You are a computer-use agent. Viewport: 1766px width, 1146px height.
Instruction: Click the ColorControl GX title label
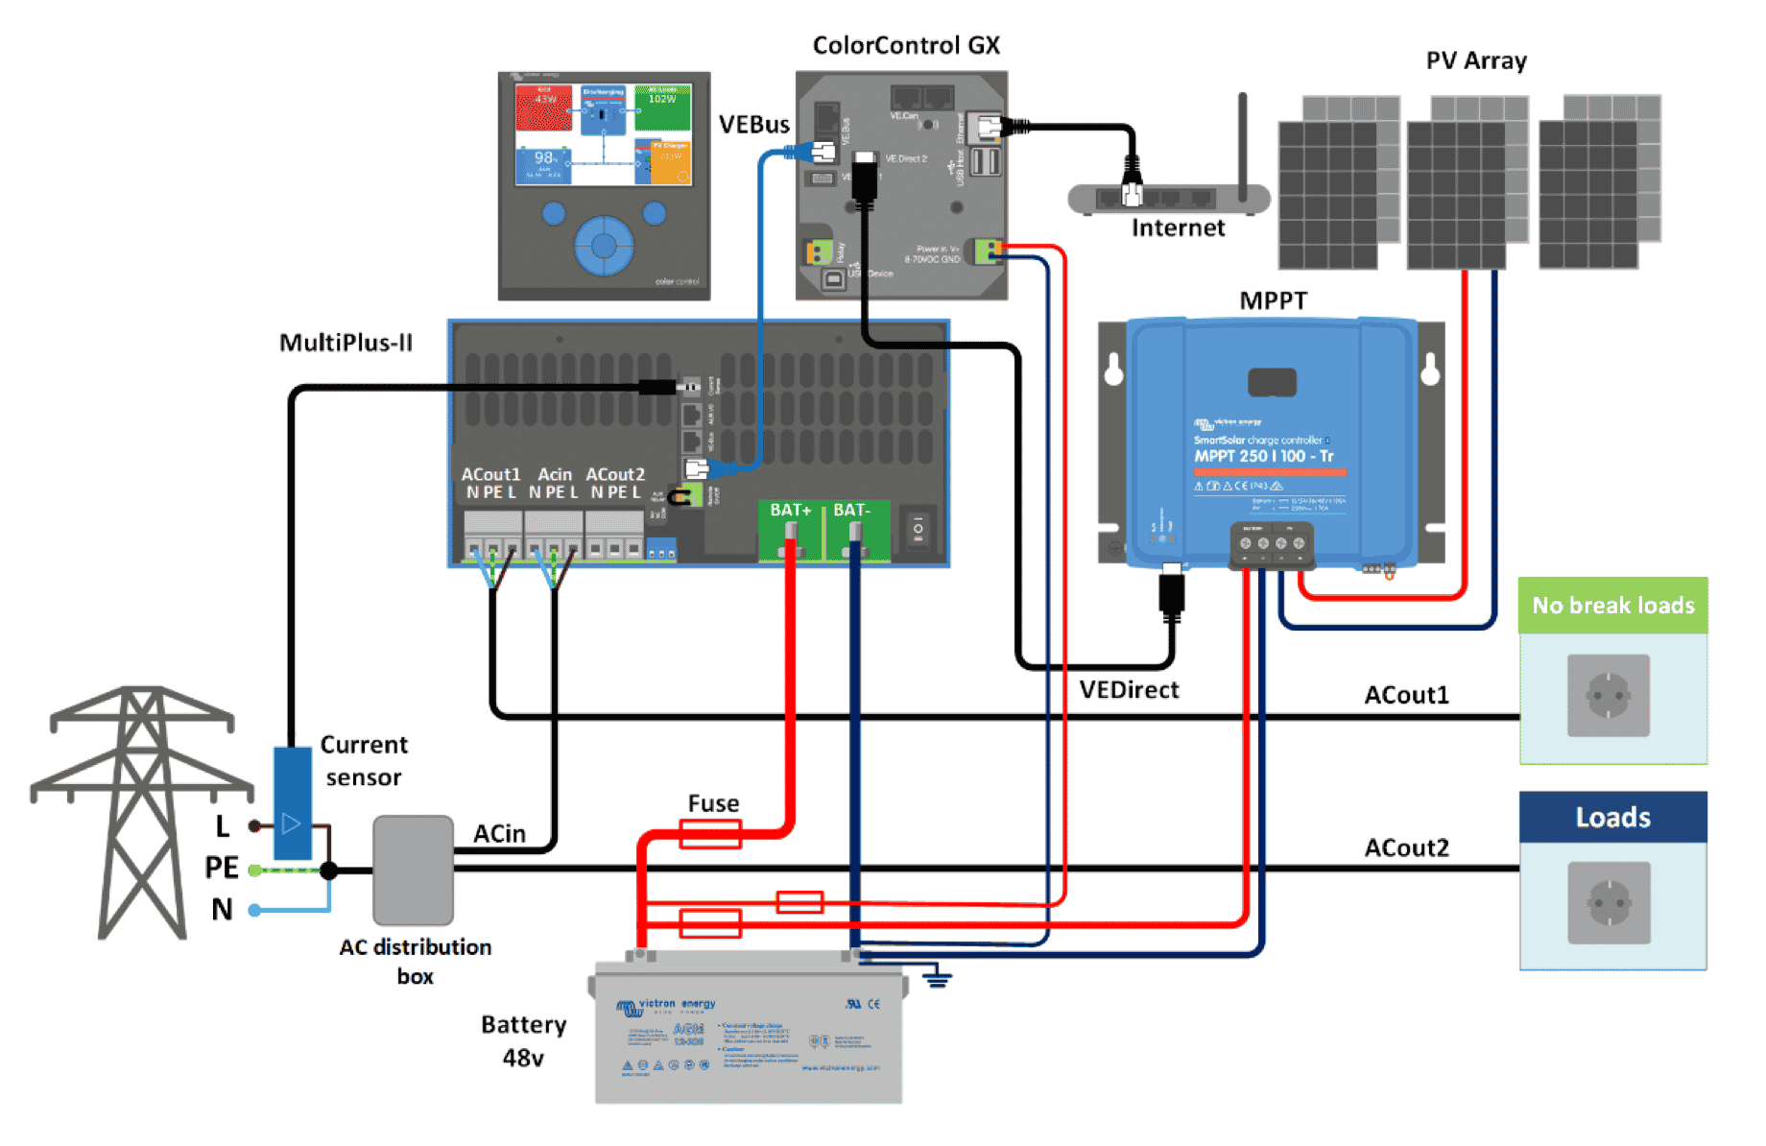click(x=905, y=45)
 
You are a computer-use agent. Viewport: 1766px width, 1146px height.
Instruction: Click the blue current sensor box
click(x=292, y=803)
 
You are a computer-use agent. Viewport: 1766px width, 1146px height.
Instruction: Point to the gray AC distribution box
click(x=413, y=870)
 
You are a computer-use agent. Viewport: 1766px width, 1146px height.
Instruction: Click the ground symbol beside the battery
click(x=937, y=978)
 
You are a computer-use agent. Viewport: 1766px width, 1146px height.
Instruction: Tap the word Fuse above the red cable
click(x=713, y=803)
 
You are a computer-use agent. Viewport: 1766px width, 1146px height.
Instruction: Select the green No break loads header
click(x=1612, y=606)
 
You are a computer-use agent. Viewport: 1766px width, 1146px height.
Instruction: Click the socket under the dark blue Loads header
click(x=1609, y=902)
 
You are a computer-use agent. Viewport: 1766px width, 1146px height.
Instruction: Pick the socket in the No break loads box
click(x=1609, y=696)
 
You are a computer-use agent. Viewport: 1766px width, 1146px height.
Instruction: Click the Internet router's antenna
click(x=1242, y=144)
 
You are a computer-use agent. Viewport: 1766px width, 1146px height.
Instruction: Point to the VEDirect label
click(x=1129, y=690)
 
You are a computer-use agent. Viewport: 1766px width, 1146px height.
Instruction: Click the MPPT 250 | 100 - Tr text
click(x=1263, y=456)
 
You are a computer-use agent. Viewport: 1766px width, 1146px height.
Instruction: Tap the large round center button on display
click(x=604, y=246)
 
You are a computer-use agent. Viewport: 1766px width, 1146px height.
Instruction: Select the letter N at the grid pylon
click(x=222, y=909)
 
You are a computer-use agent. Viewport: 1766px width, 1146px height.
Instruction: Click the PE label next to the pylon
click(x=222, y=868)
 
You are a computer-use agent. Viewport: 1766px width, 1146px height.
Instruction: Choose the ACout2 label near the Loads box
click(x=1406, y=848)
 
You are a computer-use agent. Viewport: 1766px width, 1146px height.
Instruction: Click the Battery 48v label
click(x=523, y=1041)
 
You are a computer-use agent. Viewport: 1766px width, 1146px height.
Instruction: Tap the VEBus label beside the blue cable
click(x=754, y=125)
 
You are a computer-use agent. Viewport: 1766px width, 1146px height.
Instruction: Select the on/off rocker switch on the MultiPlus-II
click(x=918, y=529)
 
